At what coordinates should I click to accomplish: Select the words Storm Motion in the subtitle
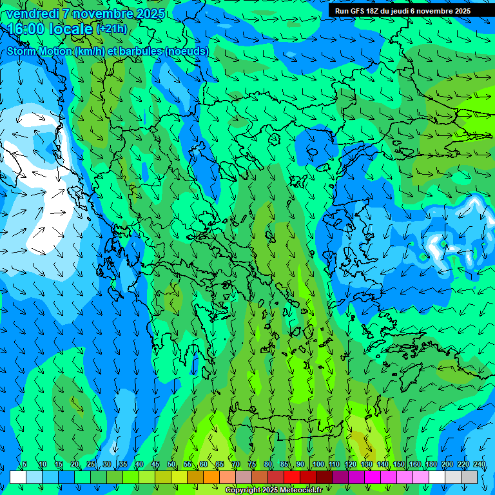pos(39,51)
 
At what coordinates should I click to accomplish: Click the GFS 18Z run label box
pos(402,11)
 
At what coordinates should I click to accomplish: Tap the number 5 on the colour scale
pos(24,465)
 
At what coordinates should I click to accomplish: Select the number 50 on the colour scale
pos(171,465)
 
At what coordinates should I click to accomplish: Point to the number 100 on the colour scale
pos(318,465)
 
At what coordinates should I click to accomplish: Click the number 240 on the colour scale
pos(480,465)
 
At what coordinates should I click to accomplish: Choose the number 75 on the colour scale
pos(251,465)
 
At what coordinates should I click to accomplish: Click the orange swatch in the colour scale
pos(195,477)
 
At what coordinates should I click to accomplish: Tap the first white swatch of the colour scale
pos(18,477)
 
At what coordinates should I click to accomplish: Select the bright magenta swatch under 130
pos(373,477)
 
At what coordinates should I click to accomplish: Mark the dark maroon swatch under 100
pos(324,477)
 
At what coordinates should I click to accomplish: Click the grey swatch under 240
pos(469,477)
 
